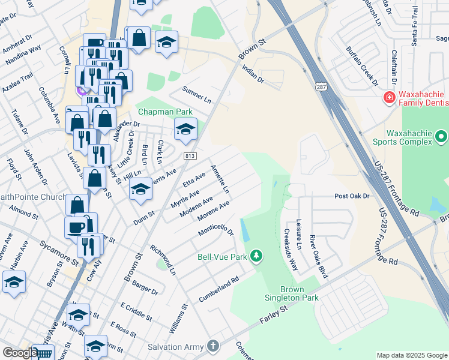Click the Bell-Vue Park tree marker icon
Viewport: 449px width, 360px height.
pos(256,256)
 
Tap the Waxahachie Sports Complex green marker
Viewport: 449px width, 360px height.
pos(441,137)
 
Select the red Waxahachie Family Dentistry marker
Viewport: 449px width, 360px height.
pos(389,97)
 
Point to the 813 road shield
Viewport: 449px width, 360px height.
pos(190,156)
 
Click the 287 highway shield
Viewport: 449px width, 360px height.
pos(322,87)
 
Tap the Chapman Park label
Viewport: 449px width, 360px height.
pos(165,112)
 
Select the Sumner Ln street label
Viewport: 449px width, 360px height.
pos(197,95)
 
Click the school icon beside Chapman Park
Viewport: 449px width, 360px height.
pos(186,129)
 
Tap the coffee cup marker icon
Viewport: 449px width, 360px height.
pos(76,227)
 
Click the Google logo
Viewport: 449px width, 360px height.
pos(19,353)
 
